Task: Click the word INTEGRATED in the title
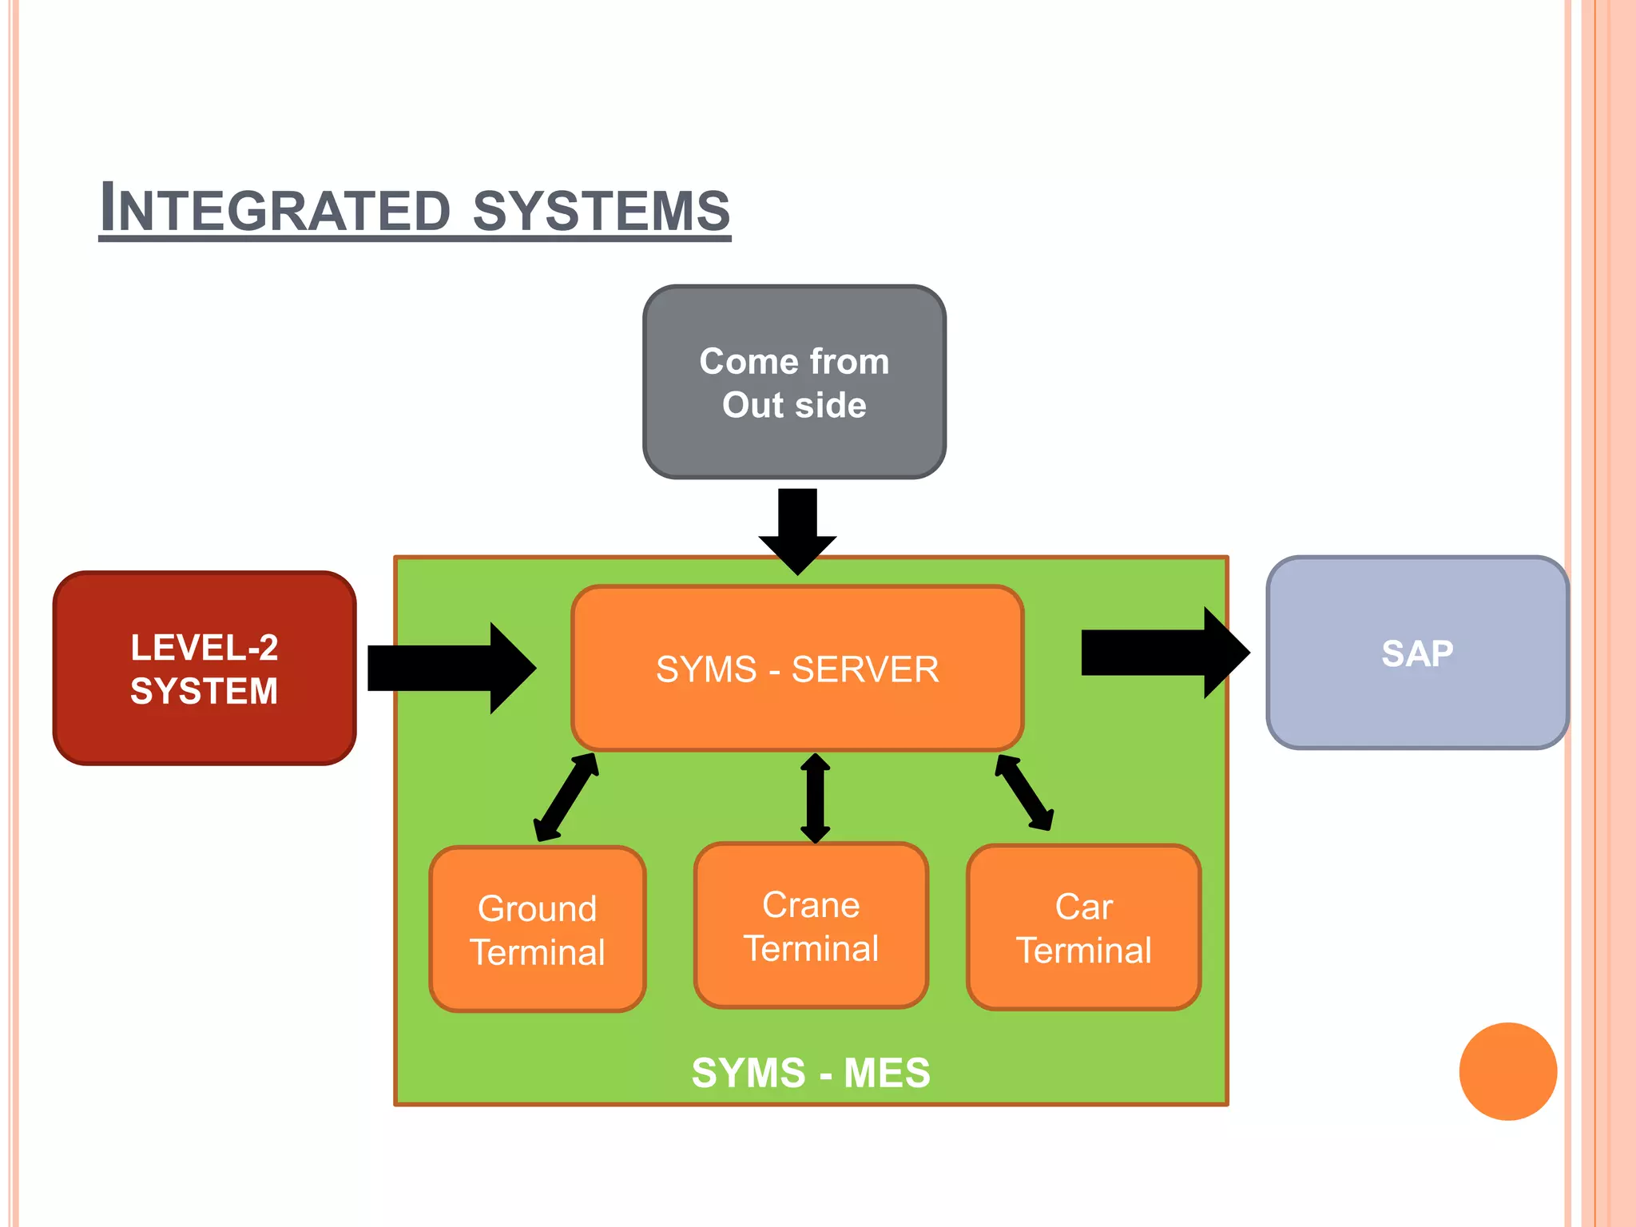click(276, 209)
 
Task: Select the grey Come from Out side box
click(794, 383)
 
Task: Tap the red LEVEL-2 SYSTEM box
click(204, 669)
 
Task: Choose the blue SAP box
click(1417, 653)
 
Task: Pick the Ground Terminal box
click(537, 930)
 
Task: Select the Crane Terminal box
click(811, 926)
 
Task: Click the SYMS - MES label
click(811, 1072)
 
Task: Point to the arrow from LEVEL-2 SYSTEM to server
click(451, 668)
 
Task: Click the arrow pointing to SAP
click(1165, 653)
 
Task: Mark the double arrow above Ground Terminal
click(566, 796)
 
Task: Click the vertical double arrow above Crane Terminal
click(815, 797)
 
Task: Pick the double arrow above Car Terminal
click(1024, 792)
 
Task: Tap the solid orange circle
click(1507, 1071)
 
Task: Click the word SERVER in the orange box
click(865, 669)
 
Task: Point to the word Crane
click(811, 905)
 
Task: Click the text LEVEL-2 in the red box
click(204, 647)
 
